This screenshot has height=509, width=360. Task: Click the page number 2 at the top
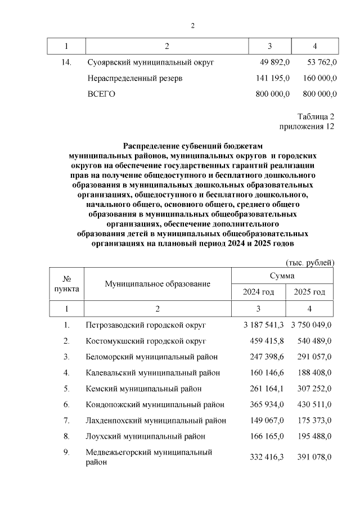[192, 26]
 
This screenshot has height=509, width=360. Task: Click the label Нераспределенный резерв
[134, 78]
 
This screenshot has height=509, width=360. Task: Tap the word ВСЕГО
[101, 94]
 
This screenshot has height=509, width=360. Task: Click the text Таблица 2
[316, 116]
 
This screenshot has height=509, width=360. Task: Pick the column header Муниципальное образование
[157, 284]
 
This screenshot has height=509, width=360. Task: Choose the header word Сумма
[282, 276]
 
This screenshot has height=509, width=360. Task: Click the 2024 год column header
[258, 292]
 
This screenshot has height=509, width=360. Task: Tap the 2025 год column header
[309, 292]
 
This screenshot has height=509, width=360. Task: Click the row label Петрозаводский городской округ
[146, 325]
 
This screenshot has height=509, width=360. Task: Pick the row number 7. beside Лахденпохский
[66, 420]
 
